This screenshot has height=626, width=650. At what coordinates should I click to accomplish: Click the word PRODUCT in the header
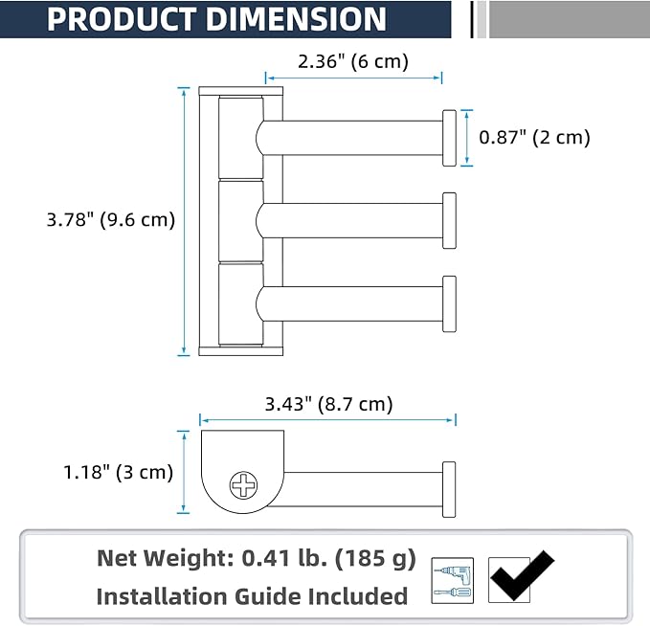click(x=122, y=19)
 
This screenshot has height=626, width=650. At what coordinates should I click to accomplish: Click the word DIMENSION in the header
click(x=296, y=19)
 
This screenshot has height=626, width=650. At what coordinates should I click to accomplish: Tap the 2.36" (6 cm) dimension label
click(x=353, y=62)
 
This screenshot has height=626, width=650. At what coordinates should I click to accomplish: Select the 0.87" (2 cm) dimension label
click(x=534, y=138)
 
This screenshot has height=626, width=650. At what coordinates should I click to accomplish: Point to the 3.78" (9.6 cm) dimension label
click(x=111, y=220)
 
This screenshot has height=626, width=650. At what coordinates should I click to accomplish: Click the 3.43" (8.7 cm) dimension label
click(x=328, y=404)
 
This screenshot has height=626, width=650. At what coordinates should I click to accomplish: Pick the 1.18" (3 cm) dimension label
click(x=118, y=472)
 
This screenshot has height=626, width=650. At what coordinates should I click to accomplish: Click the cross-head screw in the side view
click(x=243, y=485)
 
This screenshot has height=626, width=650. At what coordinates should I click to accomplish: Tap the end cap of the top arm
click(x=449, y=138)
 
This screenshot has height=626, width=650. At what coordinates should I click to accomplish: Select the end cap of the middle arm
click(x=449, y=220)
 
